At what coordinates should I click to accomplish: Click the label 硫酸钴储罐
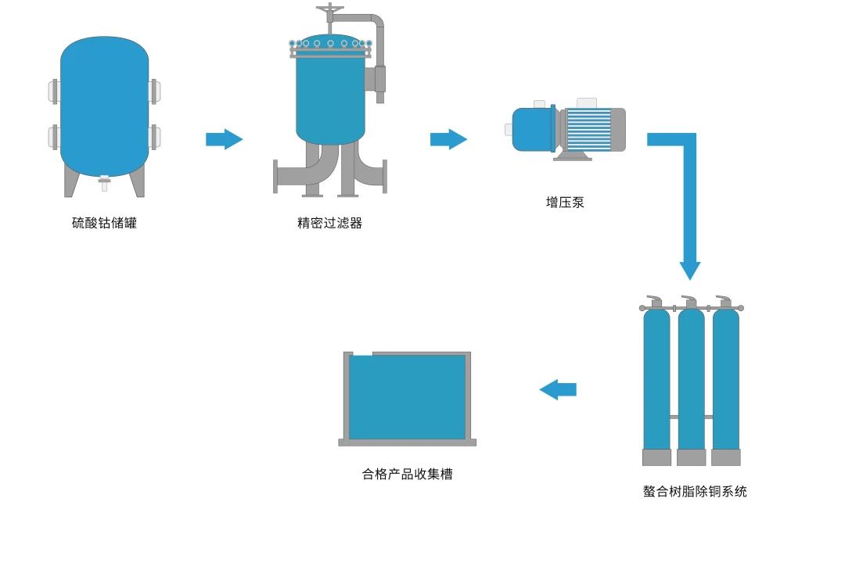click(x=104, y=223)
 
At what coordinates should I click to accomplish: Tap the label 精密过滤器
click(x=329, y=223)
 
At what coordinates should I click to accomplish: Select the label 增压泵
click(x=565, y=203)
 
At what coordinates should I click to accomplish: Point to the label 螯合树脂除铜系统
click(x=695, y=492)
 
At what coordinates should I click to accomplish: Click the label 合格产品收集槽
click(x=407, y=474)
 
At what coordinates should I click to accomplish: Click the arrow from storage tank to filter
click(x=224, y=139)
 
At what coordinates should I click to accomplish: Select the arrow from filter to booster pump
click(x=448, y=139)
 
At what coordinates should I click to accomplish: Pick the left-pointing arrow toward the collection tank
click(x=558, y=389)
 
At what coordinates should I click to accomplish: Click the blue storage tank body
click(x=104, y=106)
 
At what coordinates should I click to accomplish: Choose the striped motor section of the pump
click(x=588, y=129)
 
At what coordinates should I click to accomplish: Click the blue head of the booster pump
click(x=533, y=129)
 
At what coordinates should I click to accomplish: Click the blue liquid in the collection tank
click(x=407, y=397)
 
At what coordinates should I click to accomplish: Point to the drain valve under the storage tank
click(x=104, y=185)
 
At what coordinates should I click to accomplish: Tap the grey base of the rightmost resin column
click(x=725, y=457)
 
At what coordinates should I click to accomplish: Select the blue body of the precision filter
click(x=330, y=98)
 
